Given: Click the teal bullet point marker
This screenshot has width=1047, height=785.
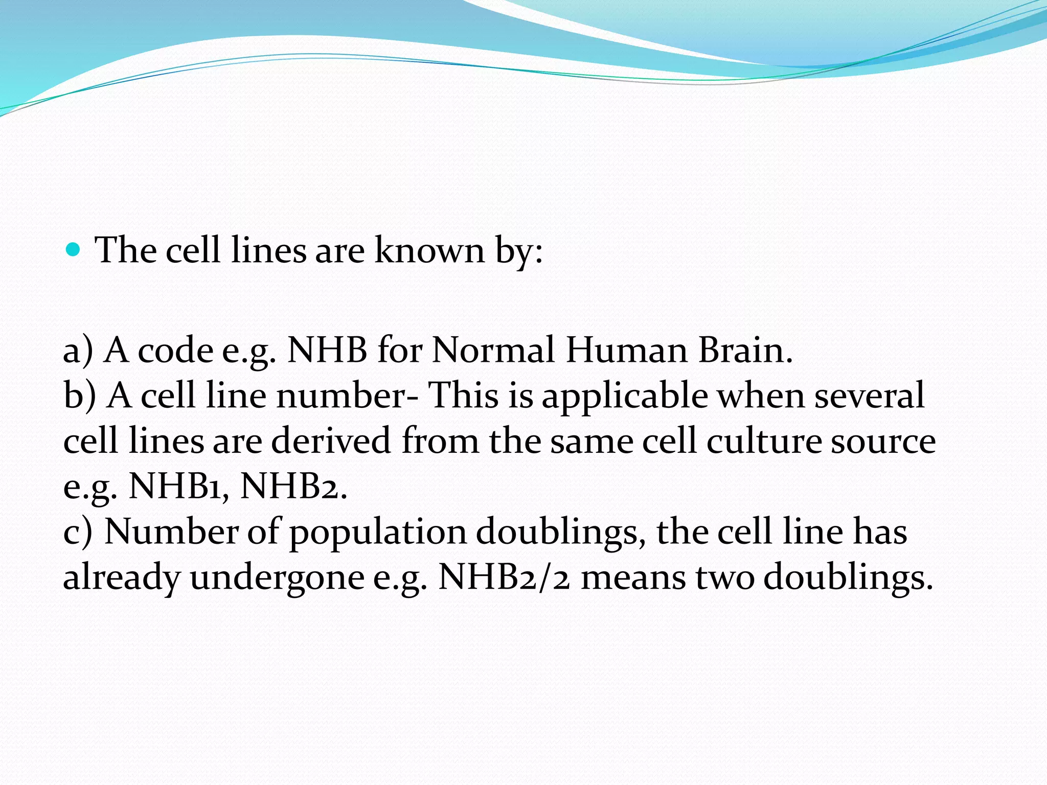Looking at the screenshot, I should pos(74,250).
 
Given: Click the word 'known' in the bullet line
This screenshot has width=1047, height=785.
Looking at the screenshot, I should pos(429,250).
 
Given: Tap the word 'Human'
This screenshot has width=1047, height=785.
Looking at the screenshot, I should pos(626,351).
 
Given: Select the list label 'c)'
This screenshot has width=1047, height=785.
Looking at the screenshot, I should pos(78,532).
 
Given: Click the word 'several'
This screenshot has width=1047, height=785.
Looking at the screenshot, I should pos(869,396).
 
